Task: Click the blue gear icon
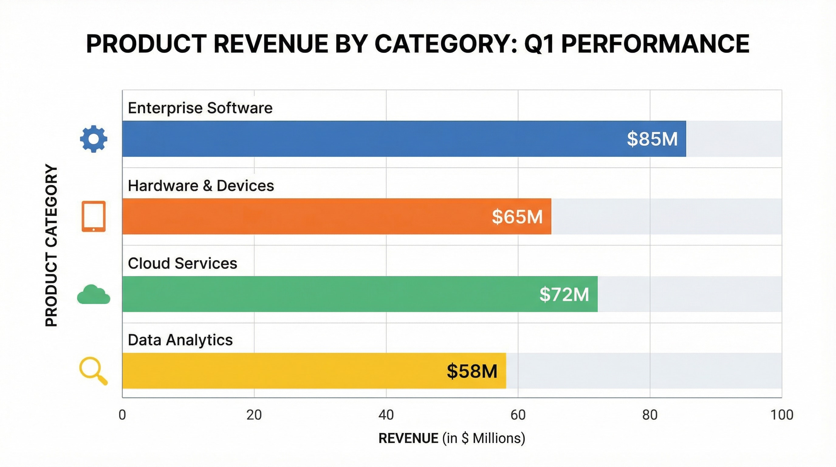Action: coord(94,139)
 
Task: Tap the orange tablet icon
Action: coord(94,216)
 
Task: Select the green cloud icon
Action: coord(94,295)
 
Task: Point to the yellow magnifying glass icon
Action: coord(93,371)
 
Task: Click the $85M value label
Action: coord(652,139)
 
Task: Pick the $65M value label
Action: coord(517,216)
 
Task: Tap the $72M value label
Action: coord(564,294)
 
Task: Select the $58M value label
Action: coord(472,371)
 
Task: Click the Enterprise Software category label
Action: coord(200,108)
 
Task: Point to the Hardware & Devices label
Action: coord(200,186)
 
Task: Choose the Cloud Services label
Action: coord(182,263)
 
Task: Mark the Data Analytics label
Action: coord(180,340)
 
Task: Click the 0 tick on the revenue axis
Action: coord(122,415)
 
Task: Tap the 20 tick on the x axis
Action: coord(254,415)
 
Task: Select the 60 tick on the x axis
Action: coord(518,415)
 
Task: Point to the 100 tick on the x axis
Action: coord(782,415)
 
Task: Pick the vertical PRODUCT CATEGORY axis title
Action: coord(51,245)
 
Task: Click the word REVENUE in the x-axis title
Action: coord(408,438)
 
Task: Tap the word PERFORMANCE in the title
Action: coord(655,44)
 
